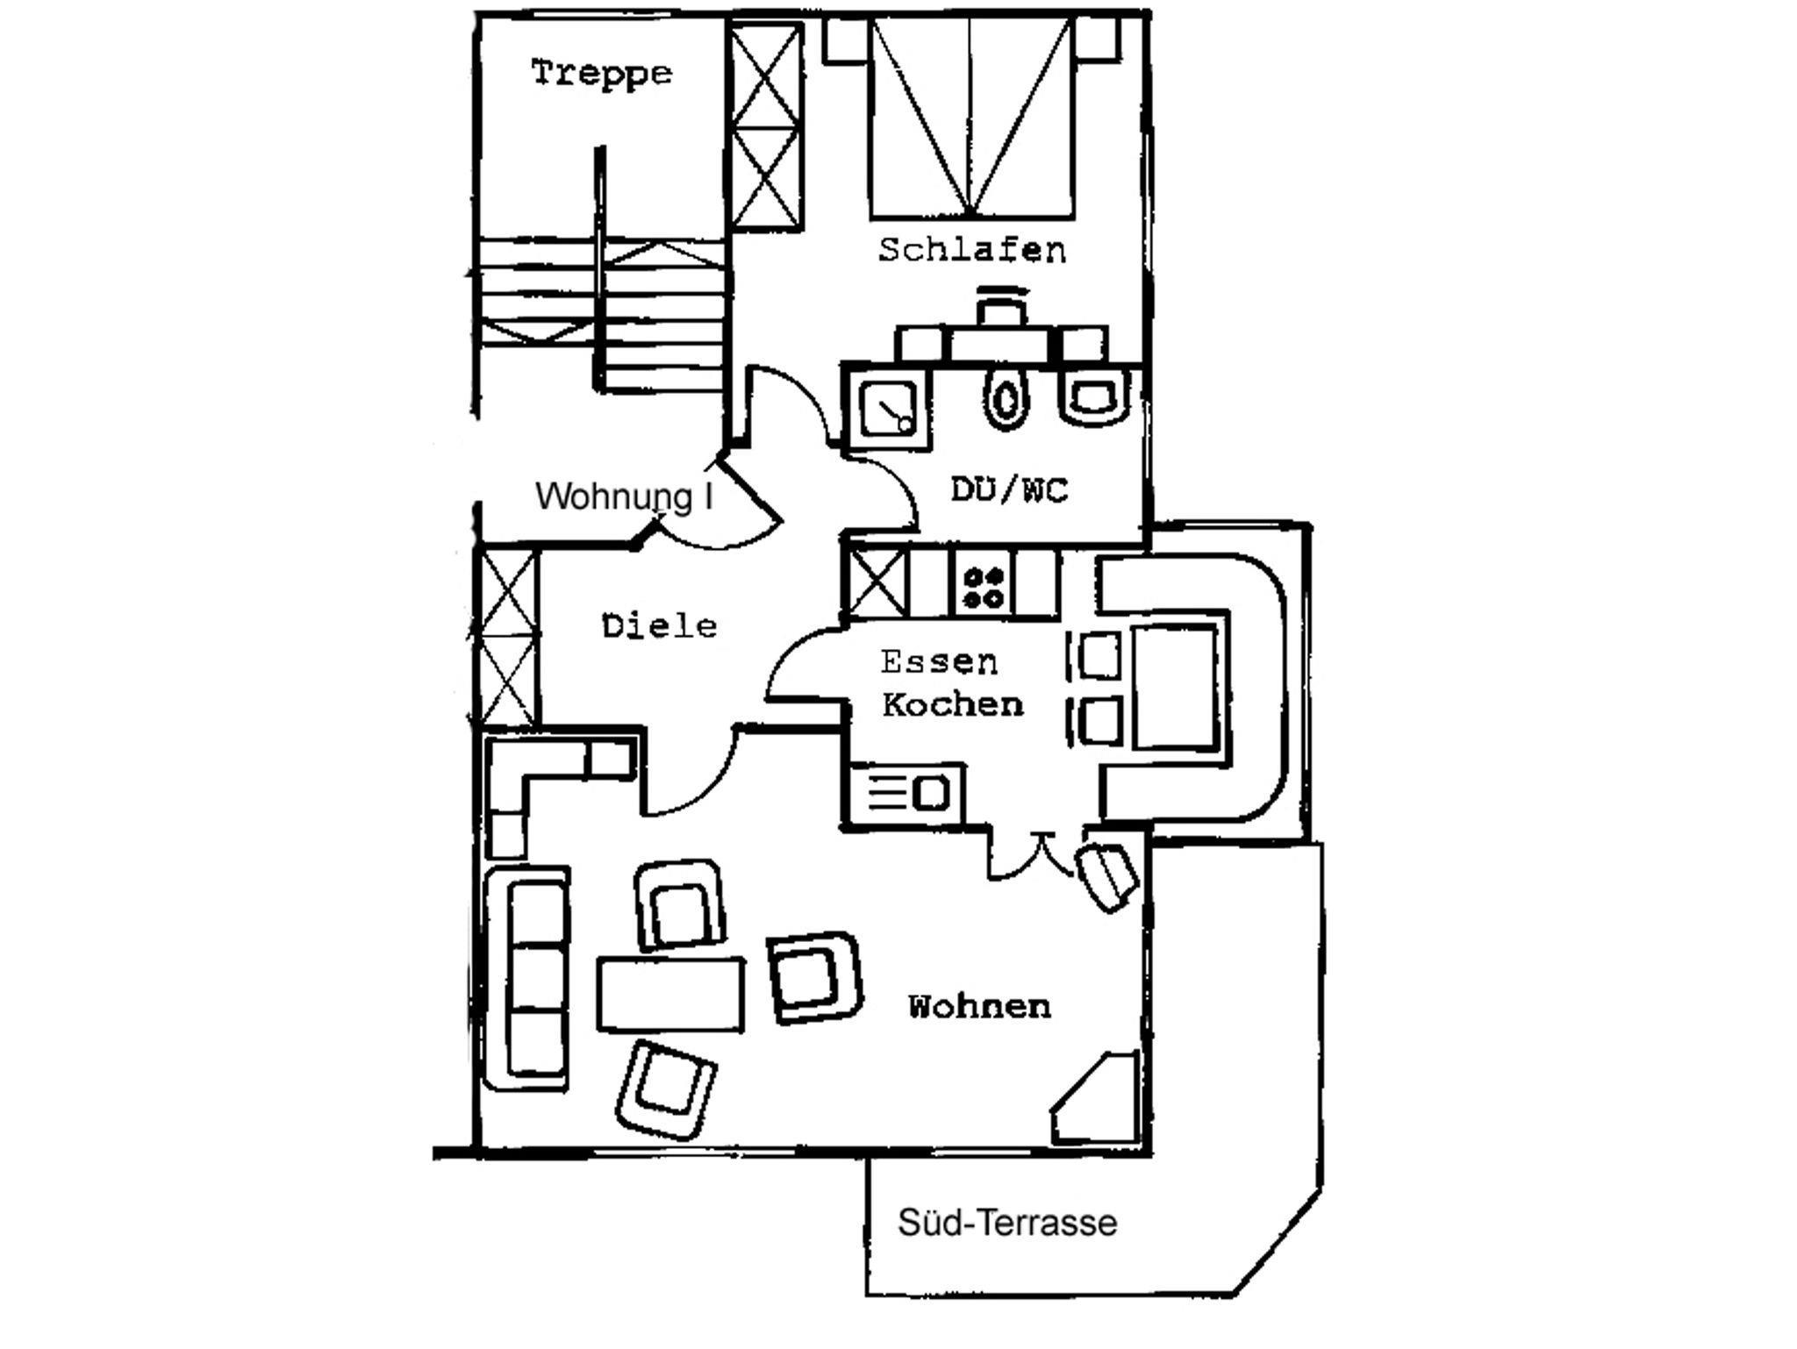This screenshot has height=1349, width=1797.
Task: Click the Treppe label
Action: (602, 72)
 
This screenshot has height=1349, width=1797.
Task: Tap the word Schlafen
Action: (972, 251)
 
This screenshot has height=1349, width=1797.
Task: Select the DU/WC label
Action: (1010, 489)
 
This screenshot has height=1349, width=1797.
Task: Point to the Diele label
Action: (660, 626)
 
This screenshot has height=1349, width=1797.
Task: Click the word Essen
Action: (939, 661)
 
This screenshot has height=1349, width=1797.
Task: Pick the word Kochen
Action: (953, 704)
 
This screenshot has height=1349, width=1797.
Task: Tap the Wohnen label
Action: (979, 1006)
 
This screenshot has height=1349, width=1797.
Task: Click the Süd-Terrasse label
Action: (1007, 1223)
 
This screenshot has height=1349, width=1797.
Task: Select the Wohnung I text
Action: (624, 496)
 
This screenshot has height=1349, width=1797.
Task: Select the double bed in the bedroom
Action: (971, 118)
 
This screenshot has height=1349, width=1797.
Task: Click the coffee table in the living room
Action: (671, 994)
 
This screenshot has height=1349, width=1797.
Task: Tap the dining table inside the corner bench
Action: (1175, 687)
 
